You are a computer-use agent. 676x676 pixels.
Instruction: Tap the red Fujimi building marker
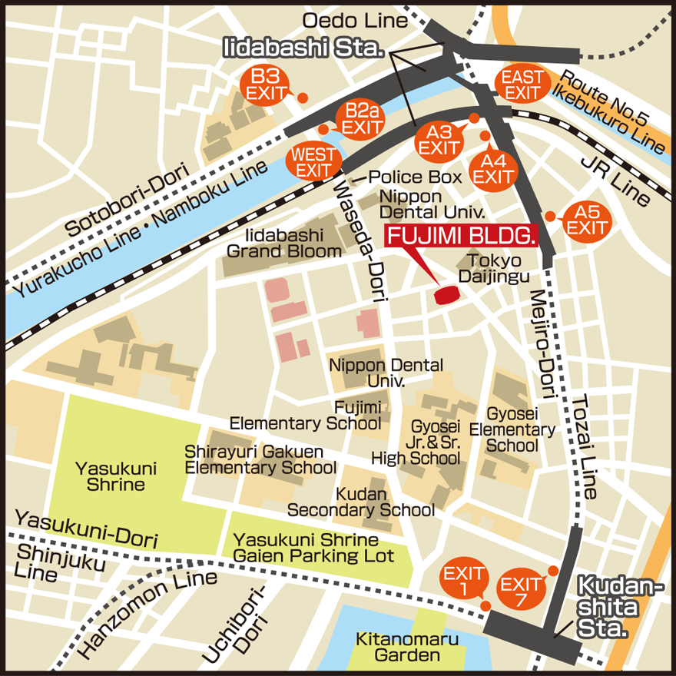point(446,295)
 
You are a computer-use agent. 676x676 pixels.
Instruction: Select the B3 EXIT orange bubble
point(266,84)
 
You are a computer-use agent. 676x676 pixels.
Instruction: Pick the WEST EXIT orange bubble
point(313,162)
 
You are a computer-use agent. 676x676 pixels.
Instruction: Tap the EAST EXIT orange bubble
point(522,84)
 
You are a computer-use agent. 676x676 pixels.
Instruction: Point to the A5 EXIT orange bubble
point(586,220)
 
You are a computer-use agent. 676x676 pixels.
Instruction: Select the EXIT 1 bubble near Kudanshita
point(464,582)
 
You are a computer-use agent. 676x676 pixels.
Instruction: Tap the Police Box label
point(416,177)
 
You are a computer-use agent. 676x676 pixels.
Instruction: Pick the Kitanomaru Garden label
point(407,647)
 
